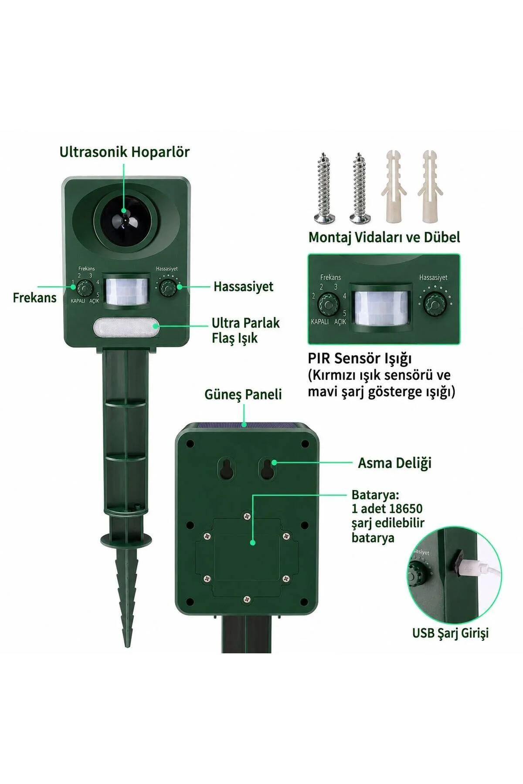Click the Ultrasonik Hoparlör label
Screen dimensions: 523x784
point(125,152)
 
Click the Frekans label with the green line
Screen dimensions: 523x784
point(34,297)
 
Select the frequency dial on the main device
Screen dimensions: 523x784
point(84,288)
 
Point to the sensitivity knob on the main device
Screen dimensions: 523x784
point(167,288)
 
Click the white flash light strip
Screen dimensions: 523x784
point(126,328)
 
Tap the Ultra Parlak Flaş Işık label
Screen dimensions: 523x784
point(245,330)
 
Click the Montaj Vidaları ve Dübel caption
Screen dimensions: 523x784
point(384,237)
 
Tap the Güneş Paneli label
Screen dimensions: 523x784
point(243,394)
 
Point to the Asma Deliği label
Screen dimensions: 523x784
point(395,463)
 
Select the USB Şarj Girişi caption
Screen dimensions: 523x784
point(450,632)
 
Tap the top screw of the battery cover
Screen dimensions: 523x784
point(247,516)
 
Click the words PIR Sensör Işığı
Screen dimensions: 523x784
point(360,358)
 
